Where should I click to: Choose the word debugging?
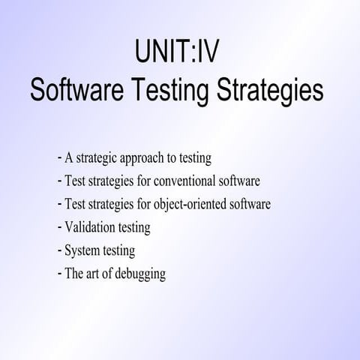(x=140, y=274)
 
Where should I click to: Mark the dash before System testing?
(x=58, y=250)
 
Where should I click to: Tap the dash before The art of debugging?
(x=58, y=273)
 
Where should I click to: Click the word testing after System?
(x=118, y=250)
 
